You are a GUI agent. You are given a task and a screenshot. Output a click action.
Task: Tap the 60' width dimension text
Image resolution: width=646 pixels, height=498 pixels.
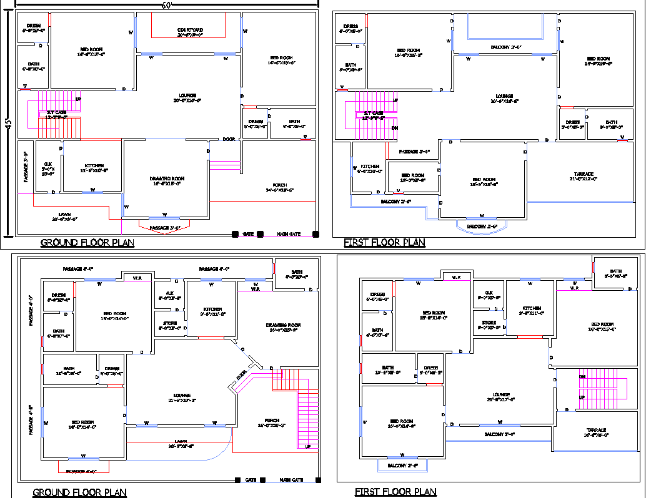(166, 5)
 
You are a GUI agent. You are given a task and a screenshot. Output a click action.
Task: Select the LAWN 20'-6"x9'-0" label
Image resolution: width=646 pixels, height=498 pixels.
(64, 216)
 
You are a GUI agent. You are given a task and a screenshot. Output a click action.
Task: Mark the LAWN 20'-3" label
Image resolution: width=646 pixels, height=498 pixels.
(181, 443)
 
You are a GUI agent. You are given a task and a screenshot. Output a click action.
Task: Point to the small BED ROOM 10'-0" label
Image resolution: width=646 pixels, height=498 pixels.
(412, 177)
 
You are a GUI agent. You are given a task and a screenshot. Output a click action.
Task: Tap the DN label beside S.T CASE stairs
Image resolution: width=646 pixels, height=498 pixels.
(394, 128)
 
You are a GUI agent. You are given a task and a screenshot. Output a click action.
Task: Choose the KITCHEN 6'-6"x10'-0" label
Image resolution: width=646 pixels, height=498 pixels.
(369, 168)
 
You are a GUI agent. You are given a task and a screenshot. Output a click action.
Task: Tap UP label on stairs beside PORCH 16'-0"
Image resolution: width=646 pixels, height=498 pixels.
(307, 447)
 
